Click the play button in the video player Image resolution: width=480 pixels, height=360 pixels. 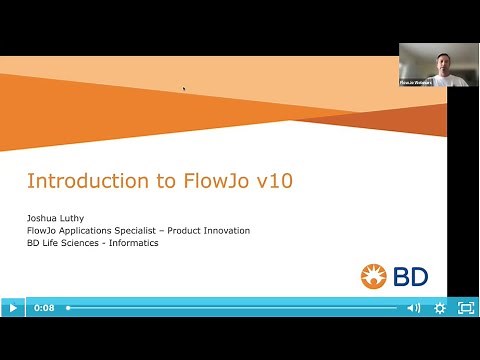point(12,308)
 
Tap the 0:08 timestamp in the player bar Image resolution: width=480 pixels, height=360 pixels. point(44,308)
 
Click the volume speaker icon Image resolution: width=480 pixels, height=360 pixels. point(414,308)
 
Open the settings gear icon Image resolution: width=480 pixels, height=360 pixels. point(440,308)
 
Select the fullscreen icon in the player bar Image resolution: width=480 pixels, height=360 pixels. point(465,308)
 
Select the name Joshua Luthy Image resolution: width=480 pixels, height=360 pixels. point(57,217)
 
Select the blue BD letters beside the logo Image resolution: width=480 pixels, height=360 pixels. point(413,276)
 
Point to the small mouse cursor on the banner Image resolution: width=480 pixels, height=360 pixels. point(184,89)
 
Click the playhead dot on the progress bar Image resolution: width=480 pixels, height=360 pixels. point(68,308)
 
